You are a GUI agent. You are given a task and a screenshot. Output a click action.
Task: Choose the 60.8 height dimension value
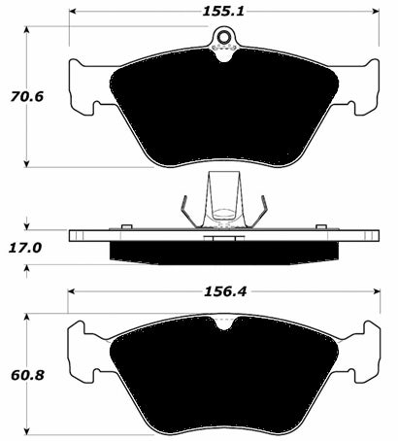tap(22, 373)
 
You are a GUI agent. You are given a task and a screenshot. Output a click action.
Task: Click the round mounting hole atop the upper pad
tap(225, 40)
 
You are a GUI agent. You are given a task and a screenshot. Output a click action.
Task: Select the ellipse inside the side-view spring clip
tap(224, 214)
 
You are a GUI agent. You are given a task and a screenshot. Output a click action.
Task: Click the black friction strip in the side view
tap(224, 252)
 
